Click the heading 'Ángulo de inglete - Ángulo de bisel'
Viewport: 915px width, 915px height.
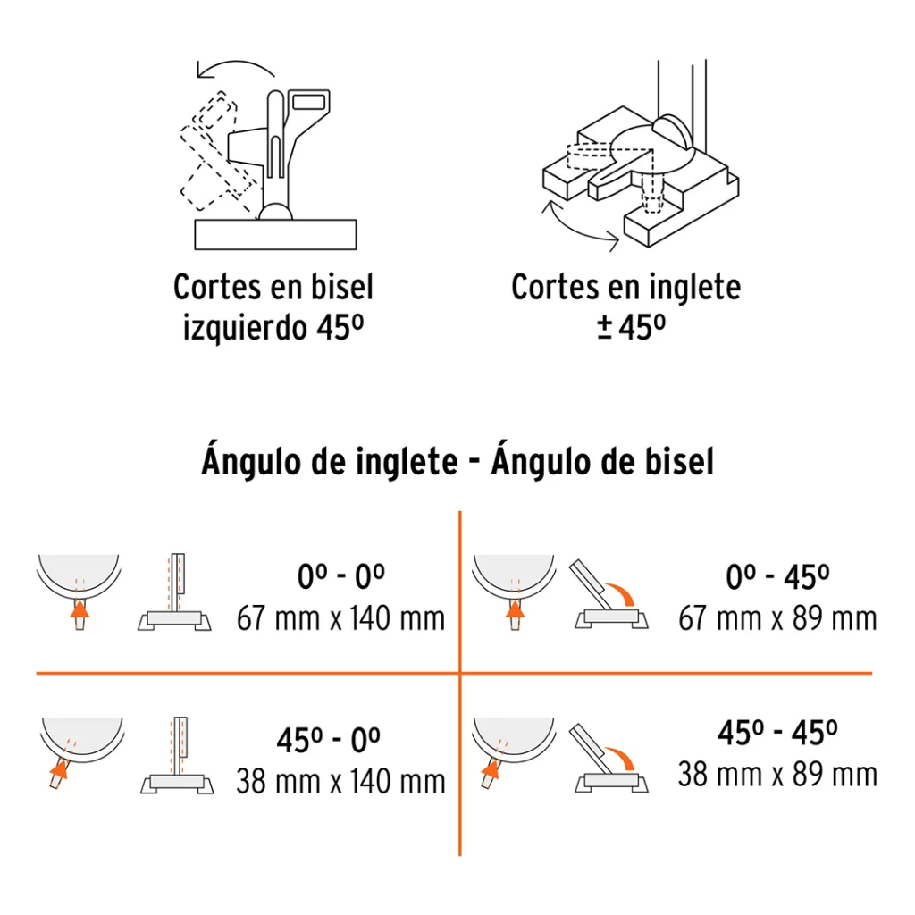point(457,462)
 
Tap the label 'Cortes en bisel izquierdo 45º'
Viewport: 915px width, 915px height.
point(273,307)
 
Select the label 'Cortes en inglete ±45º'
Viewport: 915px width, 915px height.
point(626,307)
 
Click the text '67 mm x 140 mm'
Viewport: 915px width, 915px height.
point(340,618)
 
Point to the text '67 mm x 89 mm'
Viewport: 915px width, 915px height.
point(777,618)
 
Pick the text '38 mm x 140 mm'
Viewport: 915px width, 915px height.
point(340,781)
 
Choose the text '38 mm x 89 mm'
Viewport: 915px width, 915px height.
point(777,775)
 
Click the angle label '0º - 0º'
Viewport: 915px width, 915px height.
point(340,576)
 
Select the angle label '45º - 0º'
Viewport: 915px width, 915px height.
point(329,740)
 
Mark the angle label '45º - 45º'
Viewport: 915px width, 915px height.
point(777,733)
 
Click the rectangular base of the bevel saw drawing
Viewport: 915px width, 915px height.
point(275,235)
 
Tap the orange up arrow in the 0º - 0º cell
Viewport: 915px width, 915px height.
point(80,609)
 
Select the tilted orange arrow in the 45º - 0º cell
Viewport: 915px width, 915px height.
point(59,770)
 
